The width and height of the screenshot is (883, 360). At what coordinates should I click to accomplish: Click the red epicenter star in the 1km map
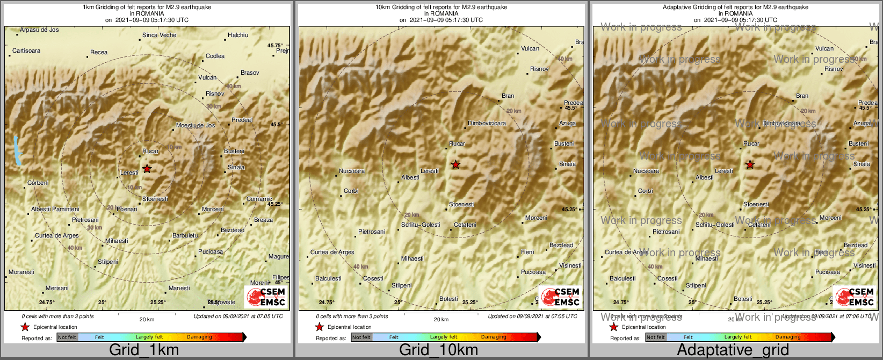pyautogui.click(x=147, y=169)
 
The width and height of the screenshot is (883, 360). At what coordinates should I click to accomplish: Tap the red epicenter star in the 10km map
pyautogui.click(x=455, y=164)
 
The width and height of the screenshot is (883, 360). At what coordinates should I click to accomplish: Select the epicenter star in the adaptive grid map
pyautogui.click(x=750, y=164)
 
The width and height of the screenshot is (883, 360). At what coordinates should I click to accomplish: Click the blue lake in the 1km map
pyautogui.click(x=18, y=150)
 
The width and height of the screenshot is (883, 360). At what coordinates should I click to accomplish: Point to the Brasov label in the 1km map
pyautogui.click(x=250, y=73)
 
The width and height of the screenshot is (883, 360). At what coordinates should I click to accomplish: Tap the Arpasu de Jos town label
pyautogui.click(x=39, y=30)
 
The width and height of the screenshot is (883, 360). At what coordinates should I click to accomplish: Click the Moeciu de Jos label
pyautogui.click(x=196, y=126)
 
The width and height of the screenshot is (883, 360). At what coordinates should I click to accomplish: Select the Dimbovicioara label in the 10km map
pyautogui.click(x=487, y=124)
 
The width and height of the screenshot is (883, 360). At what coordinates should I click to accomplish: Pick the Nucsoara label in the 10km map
pyautogui.click(x=351, y=171)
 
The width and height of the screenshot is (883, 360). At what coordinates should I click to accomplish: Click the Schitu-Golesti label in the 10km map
pyautogui.click(x=421, y=225)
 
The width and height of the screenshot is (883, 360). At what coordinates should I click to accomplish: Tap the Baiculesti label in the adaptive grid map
pyautogui.click(x=623, y=278)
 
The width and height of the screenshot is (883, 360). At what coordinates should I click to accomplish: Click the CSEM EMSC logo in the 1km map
pyautogui.click(x=265, y=297)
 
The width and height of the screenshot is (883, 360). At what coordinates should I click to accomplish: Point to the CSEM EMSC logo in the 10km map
pyautogui.click(x=560, y=297)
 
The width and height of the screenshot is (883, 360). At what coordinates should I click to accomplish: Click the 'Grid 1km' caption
pyautogui.click(x=144, y=350)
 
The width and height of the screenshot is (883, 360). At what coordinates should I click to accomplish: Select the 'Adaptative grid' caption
pyautogui.click(x=733, y=350)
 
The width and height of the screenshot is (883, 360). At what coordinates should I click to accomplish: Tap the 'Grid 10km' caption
pyautogui.click(x=438, y=350)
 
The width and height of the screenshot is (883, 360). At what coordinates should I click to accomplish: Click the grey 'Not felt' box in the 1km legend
pyautogui.click(x=67, y=337)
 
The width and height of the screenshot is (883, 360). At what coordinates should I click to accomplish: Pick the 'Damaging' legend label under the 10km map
pyautogui.click(x=494, y=337)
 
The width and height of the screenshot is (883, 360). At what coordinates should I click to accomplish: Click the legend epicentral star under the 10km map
pyautogui.click(x=319, y=327)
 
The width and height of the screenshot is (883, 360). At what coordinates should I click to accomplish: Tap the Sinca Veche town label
pyautogui.click(x=159, y=35)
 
